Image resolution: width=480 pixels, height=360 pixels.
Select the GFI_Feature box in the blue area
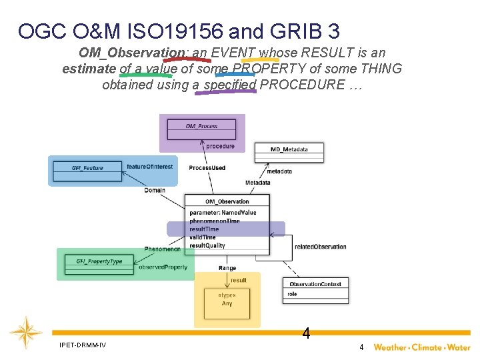(88, 168)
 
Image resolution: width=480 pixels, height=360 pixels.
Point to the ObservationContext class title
(315, 284)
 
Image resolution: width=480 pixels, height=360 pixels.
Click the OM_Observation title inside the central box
(227, 201)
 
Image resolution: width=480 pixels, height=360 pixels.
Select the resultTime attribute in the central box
(204, 229)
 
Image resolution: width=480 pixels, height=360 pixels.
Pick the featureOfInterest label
(149, 167)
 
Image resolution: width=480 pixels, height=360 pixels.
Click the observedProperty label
(163, 267)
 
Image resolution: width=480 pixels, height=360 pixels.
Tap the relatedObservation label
(321, 247)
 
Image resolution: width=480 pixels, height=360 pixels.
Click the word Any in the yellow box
(227, 304)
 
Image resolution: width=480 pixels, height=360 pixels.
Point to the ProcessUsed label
(207, 168)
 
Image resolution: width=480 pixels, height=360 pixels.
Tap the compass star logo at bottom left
(26, 331)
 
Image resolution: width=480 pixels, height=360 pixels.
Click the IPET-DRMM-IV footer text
(82, 345)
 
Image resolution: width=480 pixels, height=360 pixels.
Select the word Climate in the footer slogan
(427, 347)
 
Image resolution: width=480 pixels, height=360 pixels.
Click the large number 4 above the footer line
(306, 333)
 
